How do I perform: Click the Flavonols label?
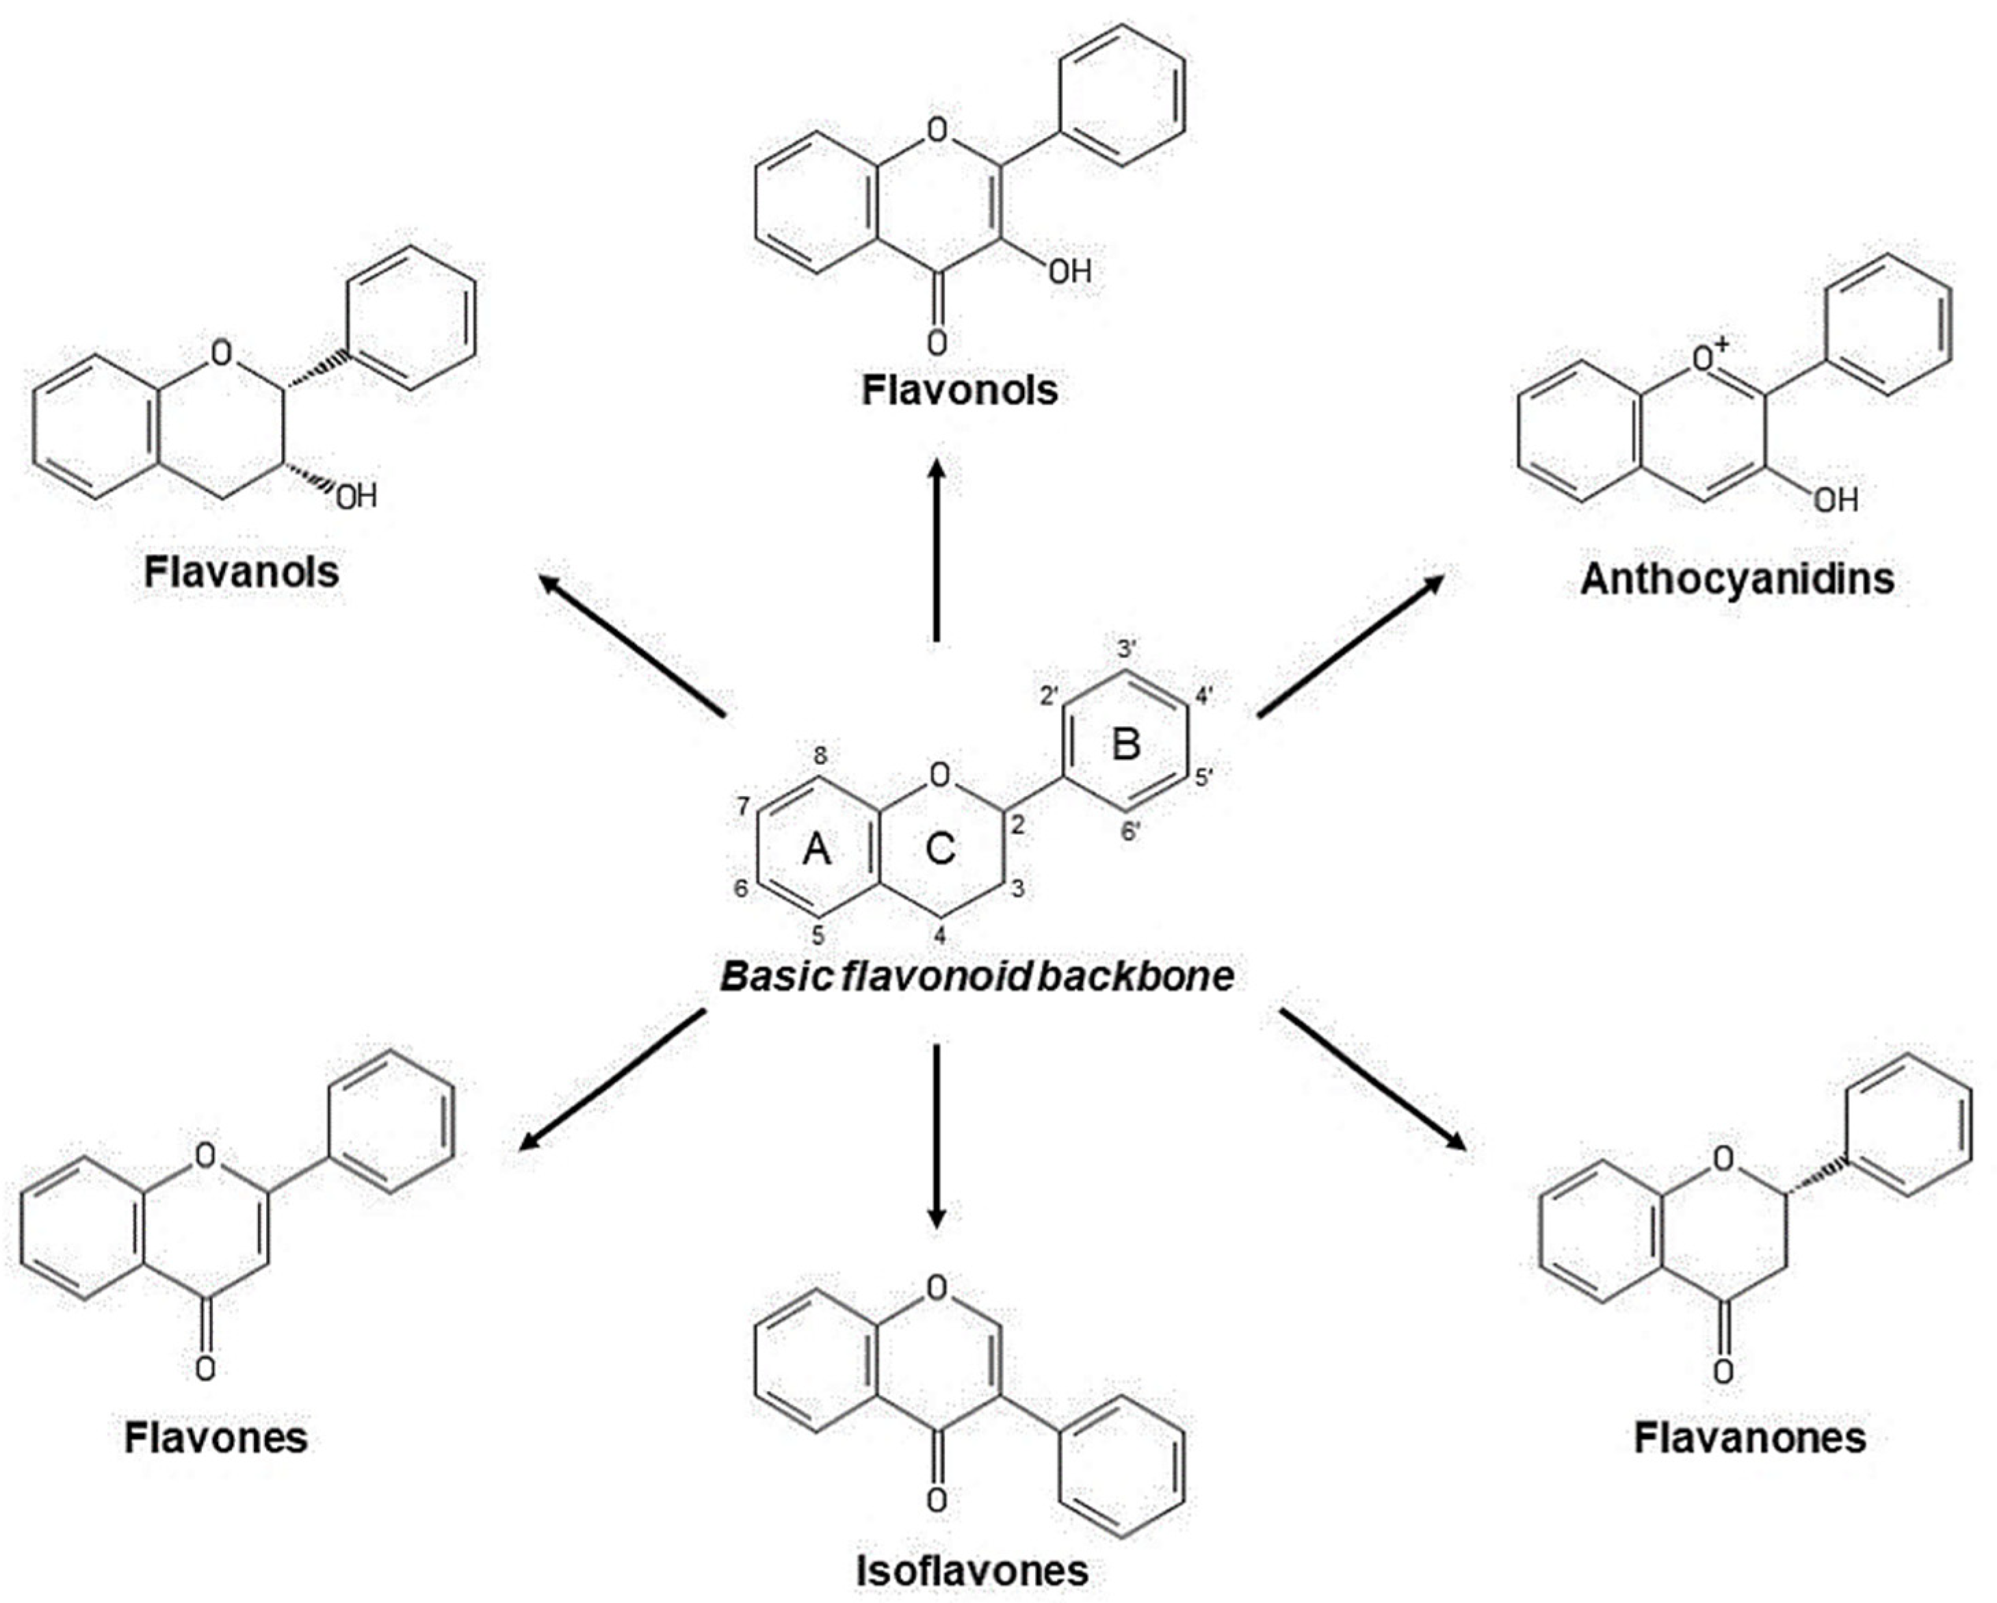point(960,390)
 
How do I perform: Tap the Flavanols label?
point(241,572)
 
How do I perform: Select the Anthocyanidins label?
point(1737,579)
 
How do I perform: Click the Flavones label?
point(216,1438)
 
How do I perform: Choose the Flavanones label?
point(1749,1438)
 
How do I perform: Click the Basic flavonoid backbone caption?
point(977,976)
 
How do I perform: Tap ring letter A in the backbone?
point(816,848)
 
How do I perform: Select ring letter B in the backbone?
point(1125,743)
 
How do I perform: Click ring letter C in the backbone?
point(940,848)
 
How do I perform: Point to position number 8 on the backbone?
point(820,756)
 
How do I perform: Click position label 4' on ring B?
point(1203,696)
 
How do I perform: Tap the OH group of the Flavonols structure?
point(1070,271)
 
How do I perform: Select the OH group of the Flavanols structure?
point(356,497)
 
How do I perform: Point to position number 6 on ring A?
point(741,888)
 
